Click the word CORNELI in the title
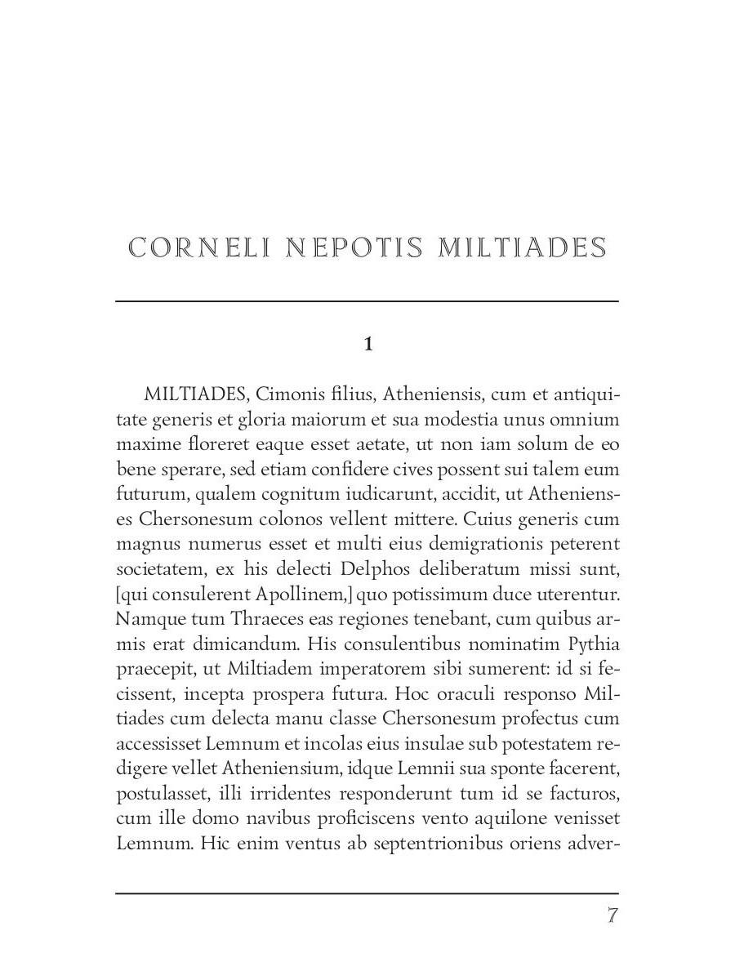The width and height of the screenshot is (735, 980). pos(198,247)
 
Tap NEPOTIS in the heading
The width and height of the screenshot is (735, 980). pos(355,247)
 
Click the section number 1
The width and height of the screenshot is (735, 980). pos(368,345)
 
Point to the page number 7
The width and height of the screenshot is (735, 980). pos(612,915)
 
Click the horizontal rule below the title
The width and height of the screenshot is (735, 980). pos(367,301)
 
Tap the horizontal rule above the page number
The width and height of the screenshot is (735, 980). pos(367,893)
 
